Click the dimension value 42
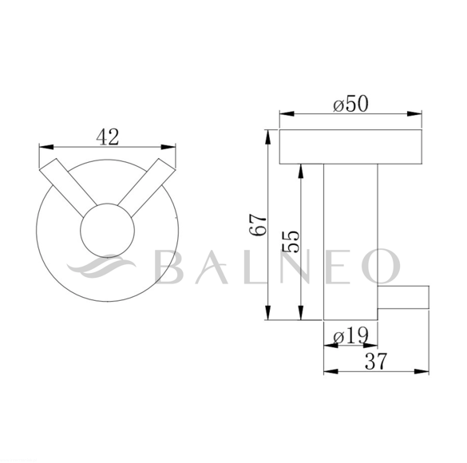tap(108, 137)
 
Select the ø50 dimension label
tap(350, 104)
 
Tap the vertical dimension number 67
tap(258, 225)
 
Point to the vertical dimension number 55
tap(291, 241)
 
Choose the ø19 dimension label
tap(350, 336)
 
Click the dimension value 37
tap(376, 361)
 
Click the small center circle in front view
tap(108, 230)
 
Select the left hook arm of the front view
tap(69, 188)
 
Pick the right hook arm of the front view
tap(147, 188)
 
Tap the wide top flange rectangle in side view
tap(350, 147)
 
